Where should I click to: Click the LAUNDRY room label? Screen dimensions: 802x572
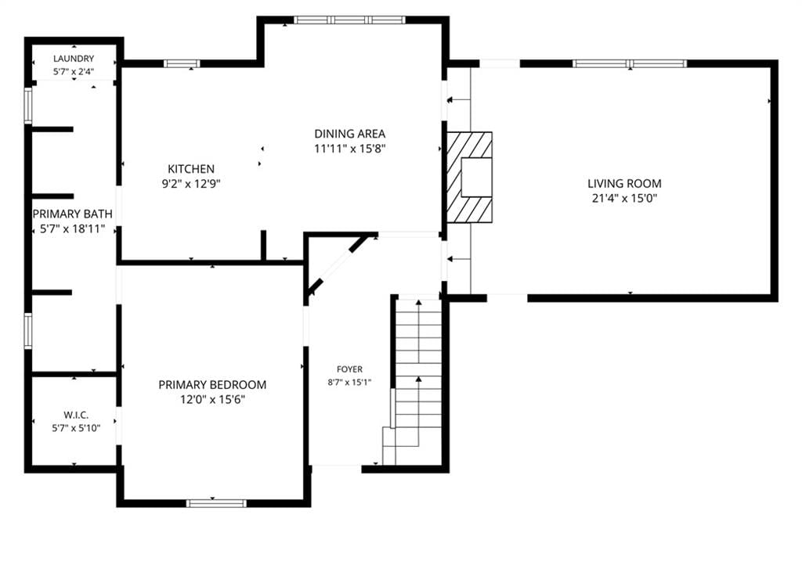tap(74, 59)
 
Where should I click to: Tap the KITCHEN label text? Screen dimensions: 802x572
tap(191, 169)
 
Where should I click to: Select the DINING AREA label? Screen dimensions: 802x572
tap(350, 134)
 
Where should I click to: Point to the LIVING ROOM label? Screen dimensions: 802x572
tap(624, 184)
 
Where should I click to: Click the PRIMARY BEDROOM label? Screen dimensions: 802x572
tap(212, 385)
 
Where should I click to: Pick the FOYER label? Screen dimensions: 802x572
tap(350, 369)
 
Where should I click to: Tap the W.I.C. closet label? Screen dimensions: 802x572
tap(76, 415)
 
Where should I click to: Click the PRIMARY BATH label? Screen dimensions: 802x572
tap(73, 214)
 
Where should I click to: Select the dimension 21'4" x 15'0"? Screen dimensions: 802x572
tap(624, 198)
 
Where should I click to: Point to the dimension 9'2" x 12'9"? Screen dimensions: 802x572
tap(191, 184)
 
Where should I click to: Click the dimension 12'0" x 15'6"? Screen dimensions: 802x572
tap(212, 399)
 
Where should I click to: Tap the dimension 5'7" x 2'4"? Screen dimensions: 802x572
tap(74, 71)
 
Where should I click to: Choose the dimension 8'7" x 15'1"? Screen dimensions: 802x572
tap(350, 382)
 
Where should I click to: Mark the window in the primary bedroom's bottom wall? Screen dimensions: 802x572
tap(216, 503)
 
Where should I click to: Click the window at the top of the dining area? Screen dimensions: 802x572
tap(350, 20)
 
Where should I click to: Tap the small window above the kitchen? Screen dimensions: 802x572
tap(182, 64)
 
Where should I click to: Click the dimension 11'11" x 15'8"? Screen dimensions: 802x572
tap(350, 149)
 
